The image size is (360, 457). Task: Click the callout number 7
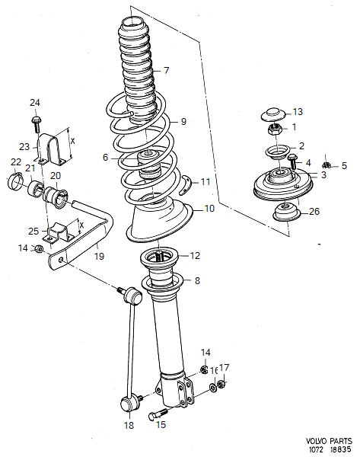(166, 71)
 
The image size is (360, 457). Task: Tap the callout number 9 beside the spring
(183, 121)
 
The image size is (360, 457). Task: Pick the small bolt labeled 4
(292, 160)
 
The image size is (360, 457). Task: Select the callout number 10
(209, 208)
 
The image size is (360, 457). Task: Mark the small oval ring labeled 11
(185, 181)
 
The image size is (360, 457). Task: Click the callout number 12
(195, 255)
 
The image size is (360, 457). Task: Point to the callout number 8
(197, 281)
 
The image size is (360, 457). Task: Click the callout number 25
(33, 231)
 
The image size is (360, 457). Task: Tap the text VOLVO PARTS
(330, 440)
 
